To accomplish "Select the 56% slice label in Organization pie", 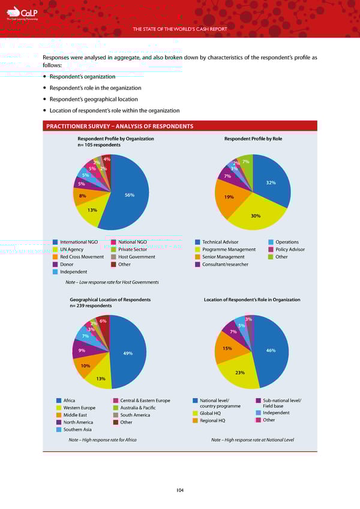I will tap(129, 195).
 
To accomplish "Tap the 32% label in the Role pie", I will tap(270, 183).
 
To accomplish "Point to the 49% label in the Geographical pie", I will tap(127, 354).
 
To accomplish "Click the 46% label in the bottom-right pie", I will tap(271, 350).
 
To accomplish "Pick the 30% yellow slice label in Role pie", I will tap(256, 216).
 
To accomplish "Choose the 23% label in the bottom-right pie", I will tap(239, 373).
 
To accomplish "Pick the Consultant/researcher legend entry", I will tap(225, 265).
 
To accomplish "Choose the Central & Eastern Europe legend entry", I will tap(145, 401).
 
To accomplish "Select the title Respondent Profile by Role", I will tap(253, 139).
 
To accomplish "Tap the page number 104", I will tap(180, 490).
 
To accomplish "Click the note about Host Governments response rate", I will tap(112, 282).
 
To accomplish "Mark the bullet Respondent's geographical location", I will tap(94, 99).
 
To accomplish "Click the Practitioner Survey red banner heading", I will tap(120, 126).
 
